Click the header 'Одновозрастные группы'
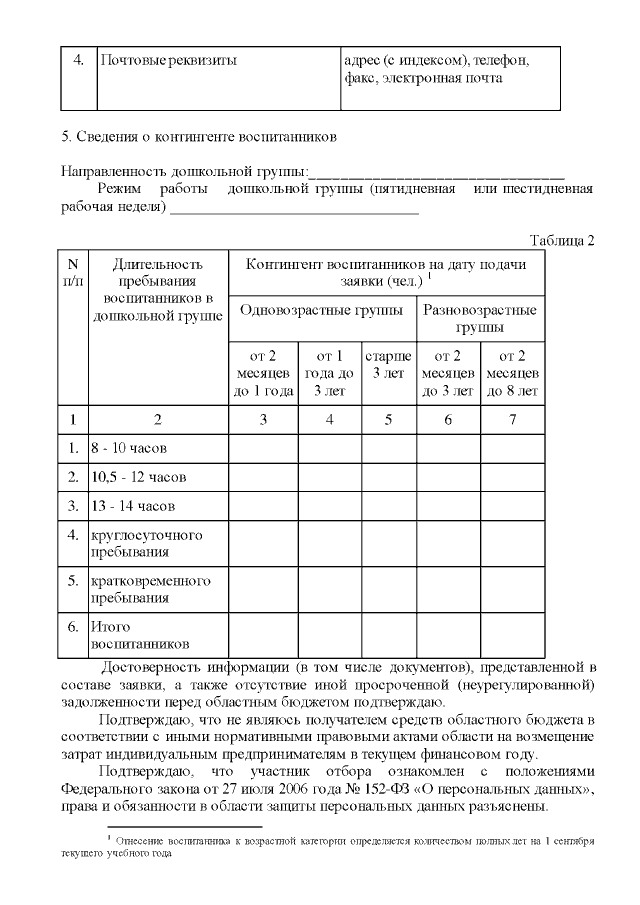point(321,309)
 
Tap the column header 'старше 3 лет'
point(387,364)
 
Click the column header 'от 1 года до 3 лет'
point(329,373)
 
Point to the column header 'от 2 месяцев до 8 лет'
point(512,373)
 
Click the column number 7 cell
point(512,419)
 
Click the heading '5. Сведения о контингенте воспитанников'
point(199,134)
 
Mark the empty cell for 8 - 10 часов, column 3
point(263,448)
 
